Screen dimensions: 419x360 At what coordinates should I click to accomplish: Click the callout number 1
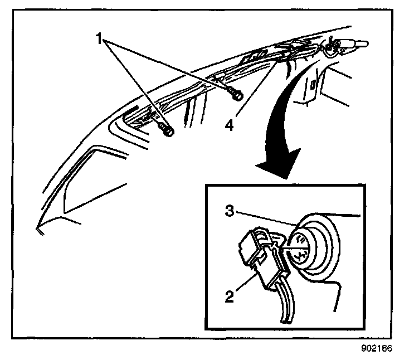point(100,38)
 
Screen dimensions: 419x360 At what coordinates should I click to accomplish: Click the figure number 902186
point(377,349)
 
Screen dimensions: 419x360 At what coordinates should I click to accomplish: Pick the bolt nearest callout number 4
point(236,95)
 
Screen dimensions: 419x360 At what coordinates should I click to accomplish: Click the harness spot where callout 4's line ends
point(277,62)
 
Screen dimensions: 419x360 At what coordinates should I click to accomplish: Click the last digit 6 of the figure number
point(391,349)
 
